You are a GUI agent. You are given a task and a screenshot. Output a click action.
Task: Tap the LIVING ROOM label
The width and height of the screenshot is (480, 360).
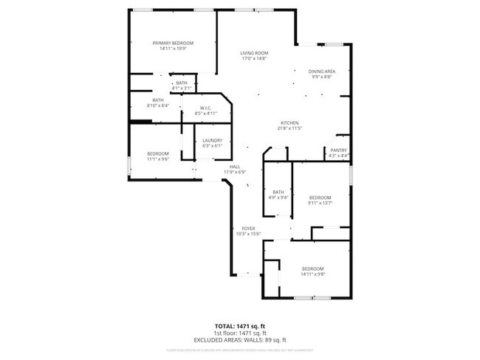click(x=253, y=53)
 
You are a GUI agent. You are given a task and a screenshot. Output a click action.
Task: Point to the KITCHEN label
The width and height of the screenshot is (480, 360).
click(x=289, y=122)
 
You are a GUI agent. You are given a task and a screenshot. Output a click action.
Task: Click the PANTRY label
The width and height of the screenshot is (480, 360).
click(x=338, y=150)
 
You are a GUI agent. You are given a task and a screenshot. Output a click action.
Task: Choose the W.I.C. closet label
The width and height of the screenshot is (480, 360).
click(x=206, y=108)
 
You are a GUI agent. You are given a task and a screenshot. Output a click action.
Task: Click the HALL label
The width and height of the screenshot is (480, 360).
click(x=235, y=167)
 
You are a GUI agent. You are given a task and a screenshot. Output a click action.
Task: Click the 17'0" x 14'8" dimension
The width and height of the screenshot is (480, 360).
click(x=253, y=59)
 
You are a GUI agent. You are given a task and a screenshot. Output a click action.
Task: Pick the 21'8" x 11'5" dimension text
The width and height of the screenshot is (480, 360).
click(x=289, y=128)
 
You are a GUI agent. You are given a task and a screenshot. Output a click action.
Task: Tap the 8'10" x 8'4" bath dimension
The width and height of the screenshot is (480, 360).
click(x=158, y=105)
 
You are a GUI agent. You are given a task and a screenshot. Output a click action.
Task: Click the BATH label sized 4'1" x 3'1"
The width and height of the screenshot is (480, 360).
click(x=182, y=83)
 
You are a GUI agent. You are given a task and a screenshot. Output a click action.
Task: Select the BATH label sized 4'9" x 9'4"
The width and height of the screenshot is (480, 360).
click(x=278, y=192)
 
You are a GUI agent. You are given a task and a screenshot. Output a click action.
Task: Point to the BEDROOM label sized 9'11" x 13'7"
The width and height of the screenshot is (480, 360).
click(x=320, y=197)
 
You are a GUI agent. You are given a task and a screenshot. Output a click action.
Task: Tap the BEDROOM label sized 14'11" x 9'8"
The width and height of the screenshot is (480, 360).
click(x=313, y=269)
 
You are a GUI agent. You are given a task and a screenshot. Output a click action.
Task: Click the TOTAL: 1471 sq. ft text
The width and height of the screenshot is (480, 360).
click(x=240, y=325)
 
